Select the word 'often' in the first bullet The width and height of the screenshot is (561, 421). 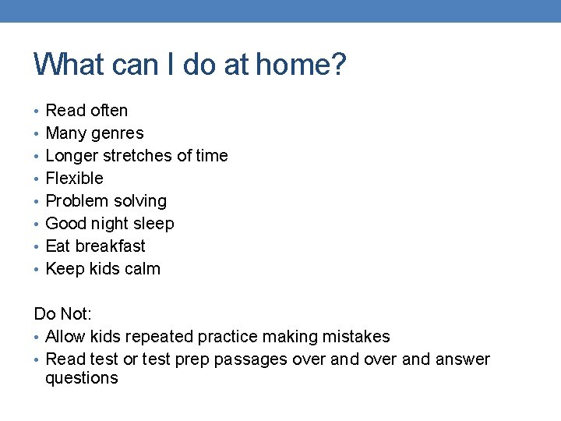pos(109,111)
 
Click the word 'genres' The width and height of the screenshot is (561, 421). pos(118,133)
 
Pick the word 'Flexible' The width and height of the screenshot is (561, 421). pos(75,179)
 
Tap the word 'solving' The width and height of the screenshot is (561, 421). pos(141,201)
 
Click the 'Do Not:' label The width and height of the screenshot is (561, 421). pos(63,314)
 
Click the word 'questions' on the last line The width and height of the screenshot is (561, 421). pos(82,379)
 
